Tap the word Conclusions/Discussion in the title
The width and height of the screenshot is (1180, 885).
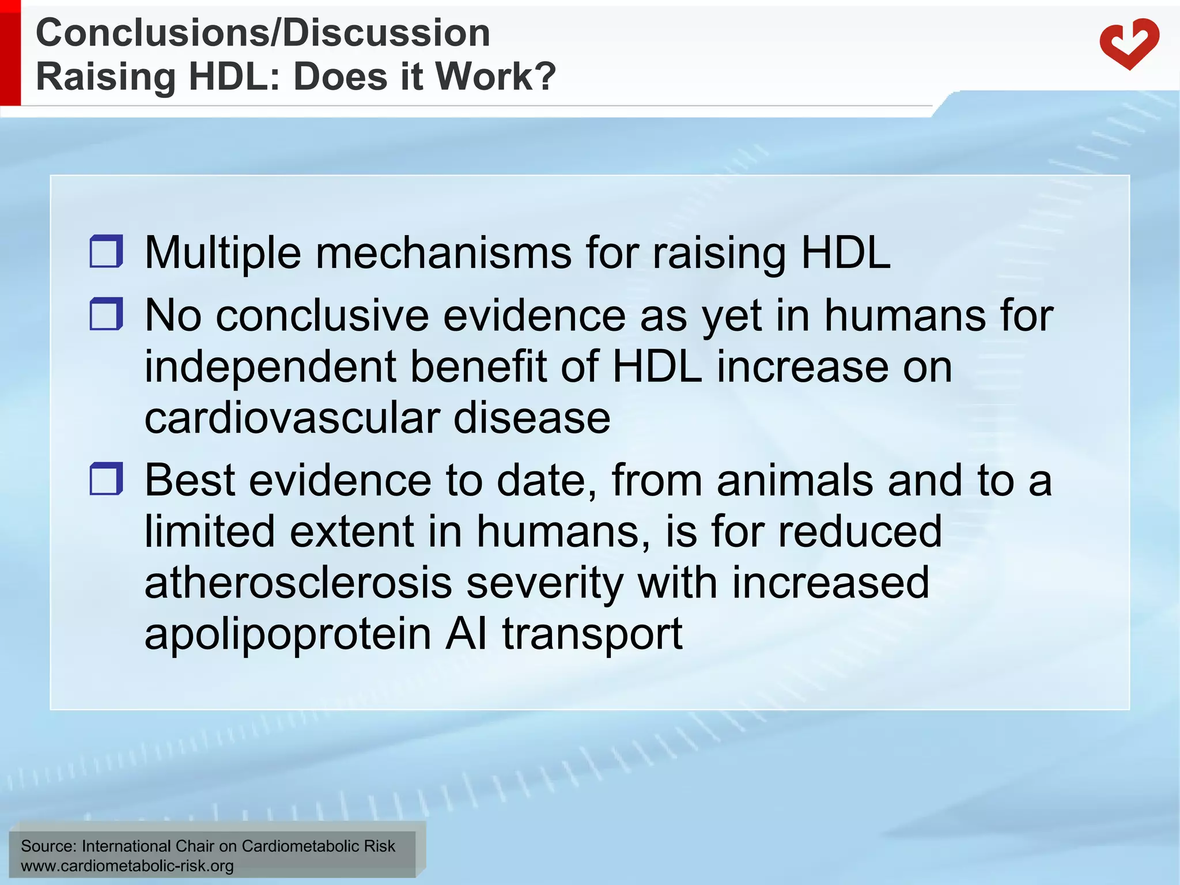tap(263, 33)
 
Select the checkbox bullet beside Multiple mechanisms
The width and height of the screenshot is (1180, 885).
tap(107, 251)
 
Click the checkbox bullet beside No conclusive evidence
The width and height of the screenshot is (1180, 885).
tap(107, 314)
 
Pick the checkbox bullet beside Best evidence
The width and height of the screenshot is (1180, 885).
tap(107, 479)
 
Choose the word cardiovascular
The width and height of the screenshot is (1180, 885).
tap(292, 418)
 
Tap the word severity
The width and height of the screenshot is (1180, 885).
tap(544, 583)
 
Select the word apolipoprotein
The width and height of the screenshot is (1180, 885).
tap(288, 634)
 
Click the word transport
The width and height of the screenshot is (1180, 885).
tap(592, 634)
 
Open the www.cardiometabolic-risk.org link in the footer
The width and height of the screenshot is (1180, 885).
tap(127, 866)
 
